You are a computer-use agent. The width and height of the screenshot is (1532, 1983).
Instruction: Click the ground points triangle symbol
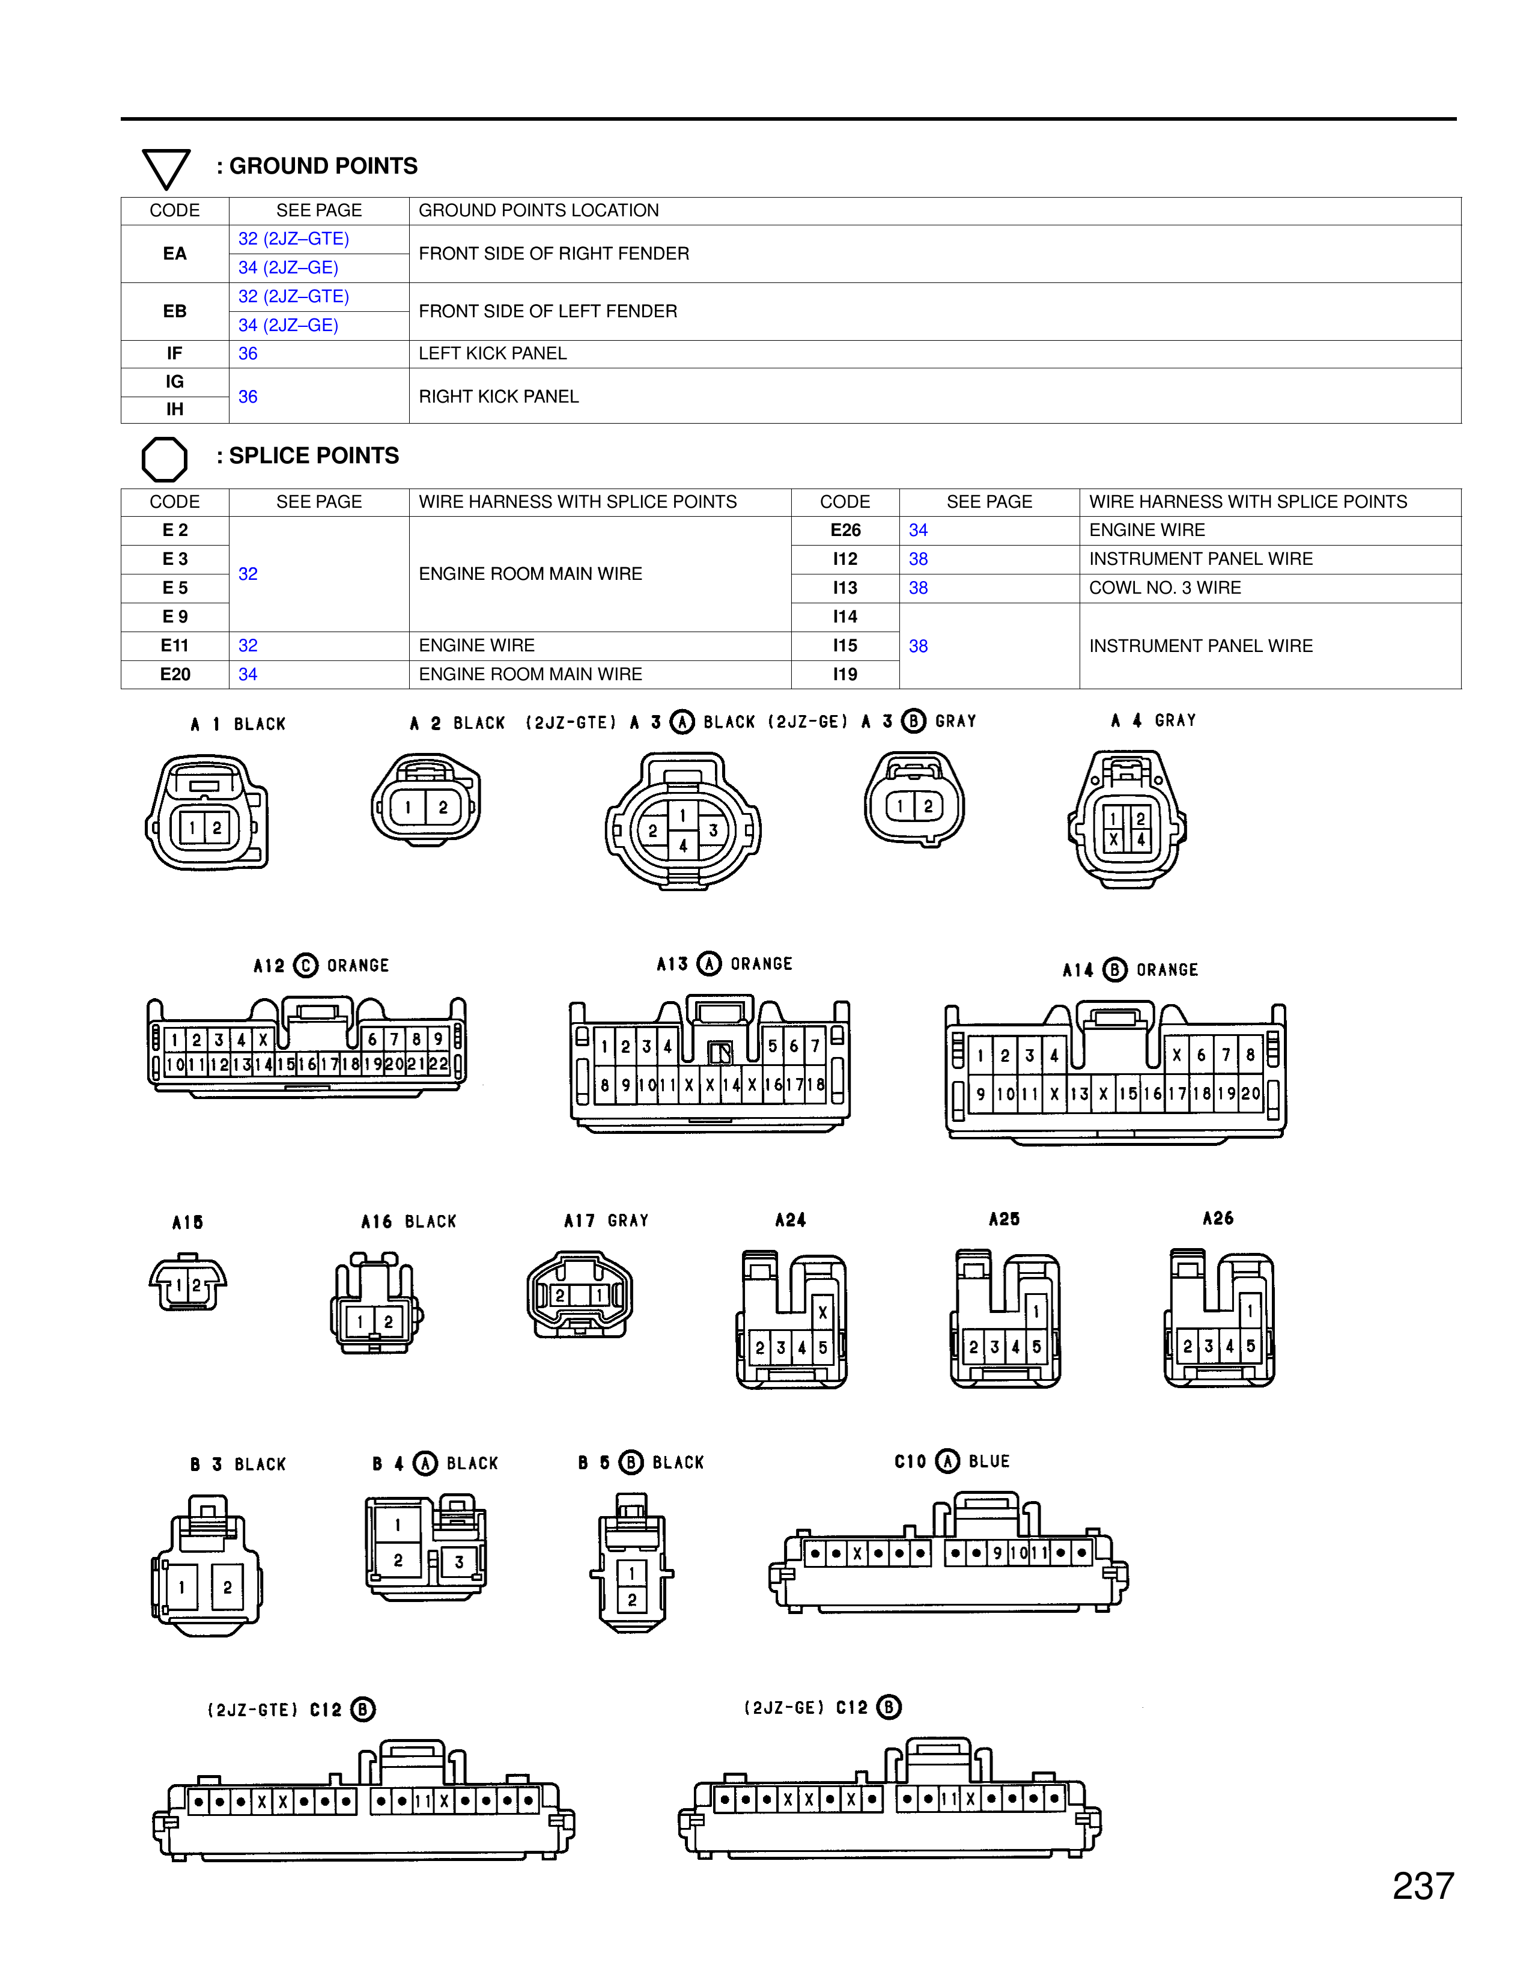tap(166, 169)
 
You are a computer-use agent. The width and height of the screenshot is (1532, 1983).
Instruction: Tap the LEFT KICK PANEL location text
tap(492, 353)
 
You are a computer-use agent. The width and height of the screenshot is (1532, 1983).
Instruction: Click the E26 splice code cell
tap(845, 530)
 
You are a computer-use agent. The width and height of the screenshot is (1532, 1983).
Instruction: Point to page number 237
tap(1422, 1886)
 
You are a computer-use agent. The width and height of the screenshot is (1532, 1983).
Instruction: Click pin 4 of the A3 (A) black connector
tap(682, 846)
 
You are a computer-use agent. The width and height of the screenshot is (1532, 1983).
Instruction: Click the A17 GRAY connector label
tap(606, 1221)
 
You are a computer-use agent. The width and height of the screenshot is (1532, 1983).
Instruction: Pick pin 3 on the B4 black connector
tap(459, 1562)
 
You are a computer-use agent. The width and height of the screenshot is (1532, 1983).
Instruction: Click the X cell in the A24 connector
tap(822, 1312)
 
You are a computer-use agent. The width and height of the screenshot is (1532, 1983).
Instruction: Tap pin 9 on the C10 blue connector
tap(997, 1553)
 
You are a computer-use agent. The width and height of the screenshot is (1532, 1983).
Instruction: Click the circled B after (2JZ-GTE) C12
tap(363, 1710)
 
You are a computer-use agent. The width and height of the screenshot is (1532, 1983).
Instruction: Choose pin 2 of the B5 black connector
tap(631, 1600)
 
